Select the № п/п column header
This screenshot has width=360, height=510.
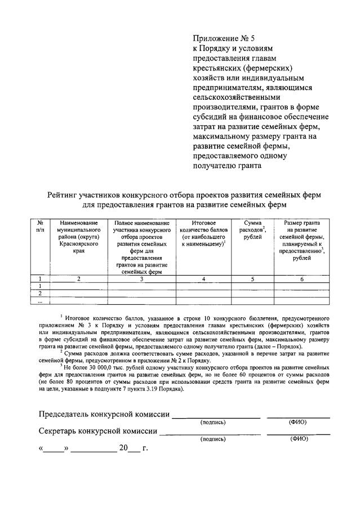coord(39,227)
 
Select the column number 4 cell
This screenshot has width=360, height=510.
coord(203,278)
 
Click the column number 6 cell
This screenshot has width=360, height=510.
coord(301,278)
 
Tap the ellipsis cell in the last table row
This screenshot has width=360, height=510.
coord(39,301)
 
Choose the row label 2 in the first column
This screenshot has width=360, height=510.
coord(39,294)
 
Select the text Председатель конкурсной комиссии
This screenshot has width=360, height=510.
coord(104,415)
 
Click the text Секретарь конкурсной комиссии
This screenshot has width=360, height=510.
coord(99,432)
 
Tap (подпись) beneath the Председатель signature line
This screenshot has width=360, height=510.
coord(213,422)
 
